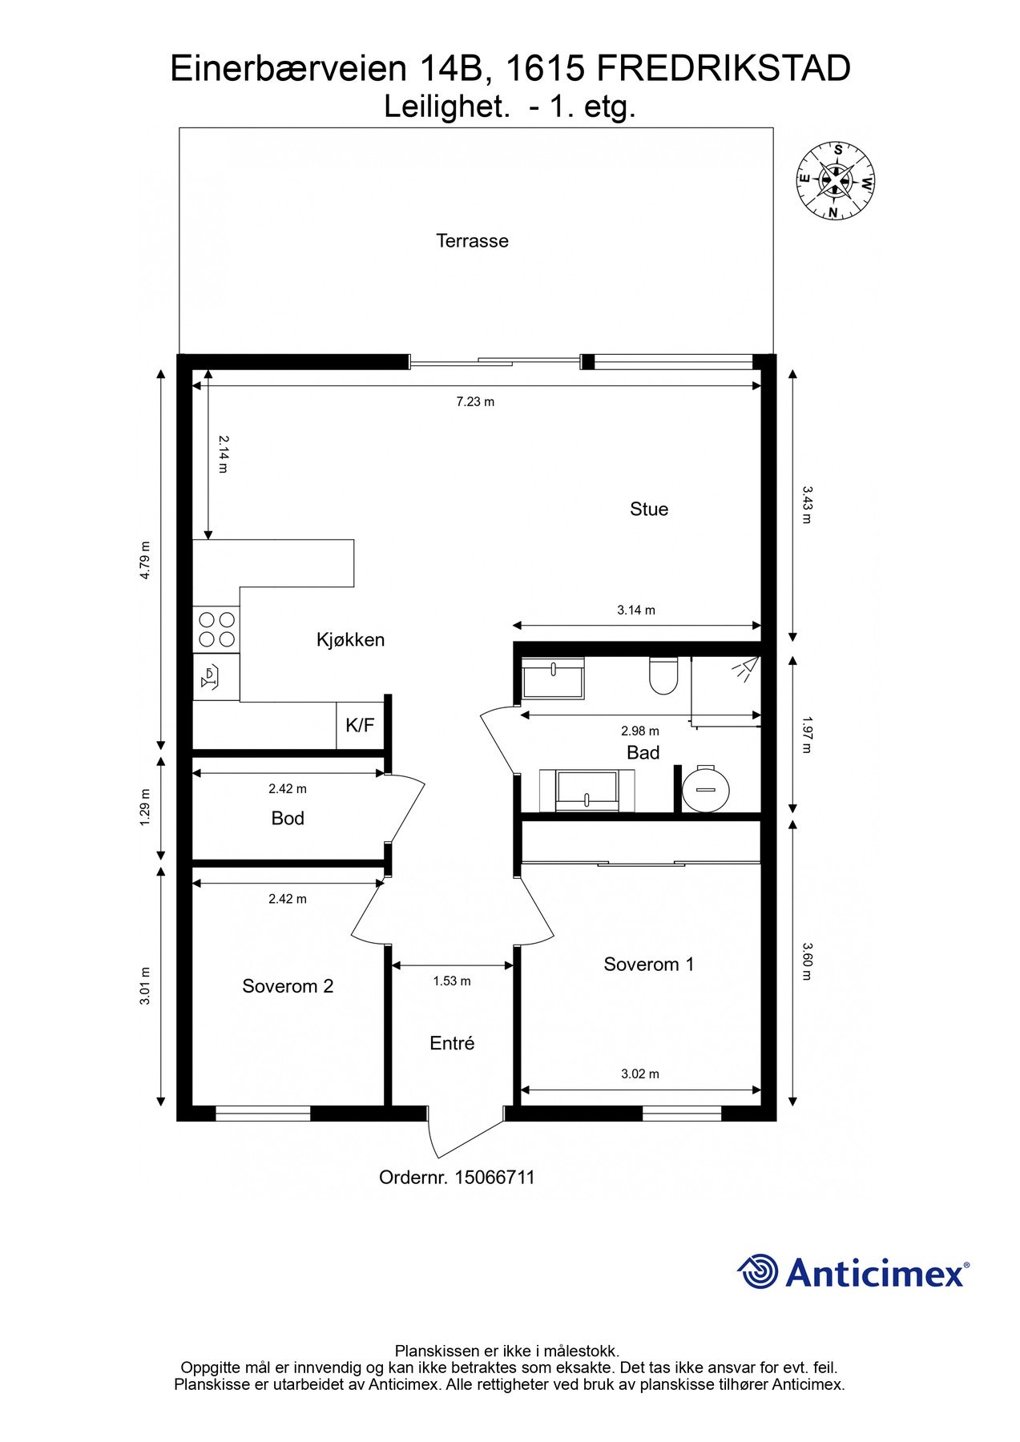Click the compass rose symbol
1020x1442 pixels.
[835, 180]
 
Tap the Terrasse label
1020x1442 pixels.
[472, 240]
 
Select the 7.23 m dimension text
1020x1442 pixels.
[475, 401]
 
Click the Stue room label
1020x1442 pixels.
[648, 509]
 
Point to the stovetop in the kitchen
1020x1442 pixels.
[216, 629]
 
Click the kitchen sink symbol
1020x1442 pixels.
[216, 677]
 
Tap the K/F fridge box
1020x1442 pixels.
[360, 726]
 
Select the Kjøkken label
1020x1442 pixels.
[350, 639]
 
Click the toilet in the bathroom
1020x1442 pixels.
[663, 675]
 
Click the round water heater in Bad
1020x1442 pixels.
[706, 788]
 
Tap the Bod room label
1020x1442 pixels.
[288, 818]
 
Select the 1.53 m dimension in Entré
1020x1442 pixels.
[452, 981]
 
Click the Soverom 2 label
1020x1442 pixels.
[288, 986]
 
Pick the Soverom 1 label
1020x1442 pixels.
[649, 965]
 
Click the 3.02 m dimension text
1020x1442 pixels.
[640, 1073]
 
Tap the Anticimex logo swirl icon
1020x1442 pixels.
[758, 1271]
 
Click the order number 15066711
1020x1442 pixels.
[494, 1178]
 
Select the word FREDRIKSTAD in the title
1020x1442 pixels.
[724, 70]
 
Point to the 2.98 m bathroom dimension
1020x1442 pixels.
[640, 731]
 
